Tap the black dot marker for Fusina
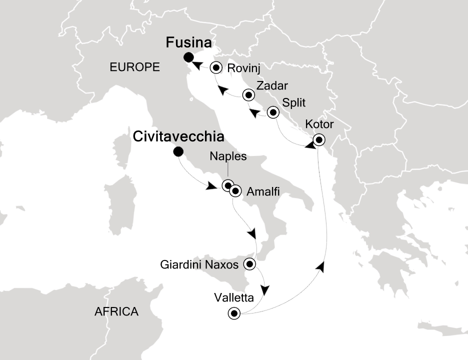(x=188, y=56)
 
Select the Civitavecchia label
(x=178, y=137)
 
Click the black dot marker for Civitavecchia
(x=177, y=152)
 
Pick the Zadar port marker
(x=248, y=94)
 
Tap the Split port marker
(x=273, y=112)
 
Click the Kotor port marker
(x=318, y=140)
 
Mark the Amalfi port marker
(x=235, y=191)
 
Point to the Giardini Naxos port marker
(x=250, y=263)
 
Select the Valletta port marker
(x=233, y=313)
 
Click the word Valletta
(x=234, y=298)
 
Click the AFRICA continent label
(x=116, y=312)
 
